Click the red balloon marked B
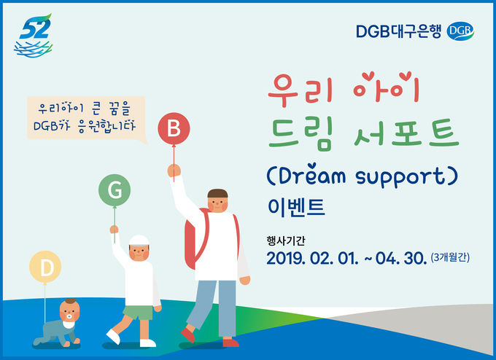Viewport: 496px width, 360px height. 174,129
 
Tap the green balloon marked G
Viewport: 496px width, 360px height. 115,190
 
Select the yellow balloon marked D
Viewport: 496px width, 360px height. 45,267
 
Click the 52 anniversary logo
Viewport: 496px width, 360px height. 34,36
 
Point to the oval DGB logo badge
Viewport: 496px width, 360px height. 460,31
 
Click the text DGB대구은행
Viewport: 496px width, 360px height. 398,31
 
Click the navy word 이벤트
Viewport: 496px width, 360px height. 296,208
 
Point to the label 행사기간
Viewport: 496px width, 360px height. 286,240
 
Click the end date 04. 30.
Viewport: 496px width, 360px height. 400,258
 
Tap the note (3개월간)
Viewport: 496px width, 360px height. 450,257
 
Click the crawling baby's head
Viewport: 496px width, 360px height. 69,310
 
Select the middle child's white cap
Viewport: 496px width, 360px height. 139,240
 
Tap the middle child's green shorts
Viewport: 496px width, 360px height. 139,313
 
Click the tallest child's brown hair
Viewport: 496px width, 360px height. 217,193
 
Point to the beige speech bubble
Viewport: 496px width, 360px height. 86,119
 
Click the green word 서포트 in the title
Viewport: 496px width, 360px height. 406,134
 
